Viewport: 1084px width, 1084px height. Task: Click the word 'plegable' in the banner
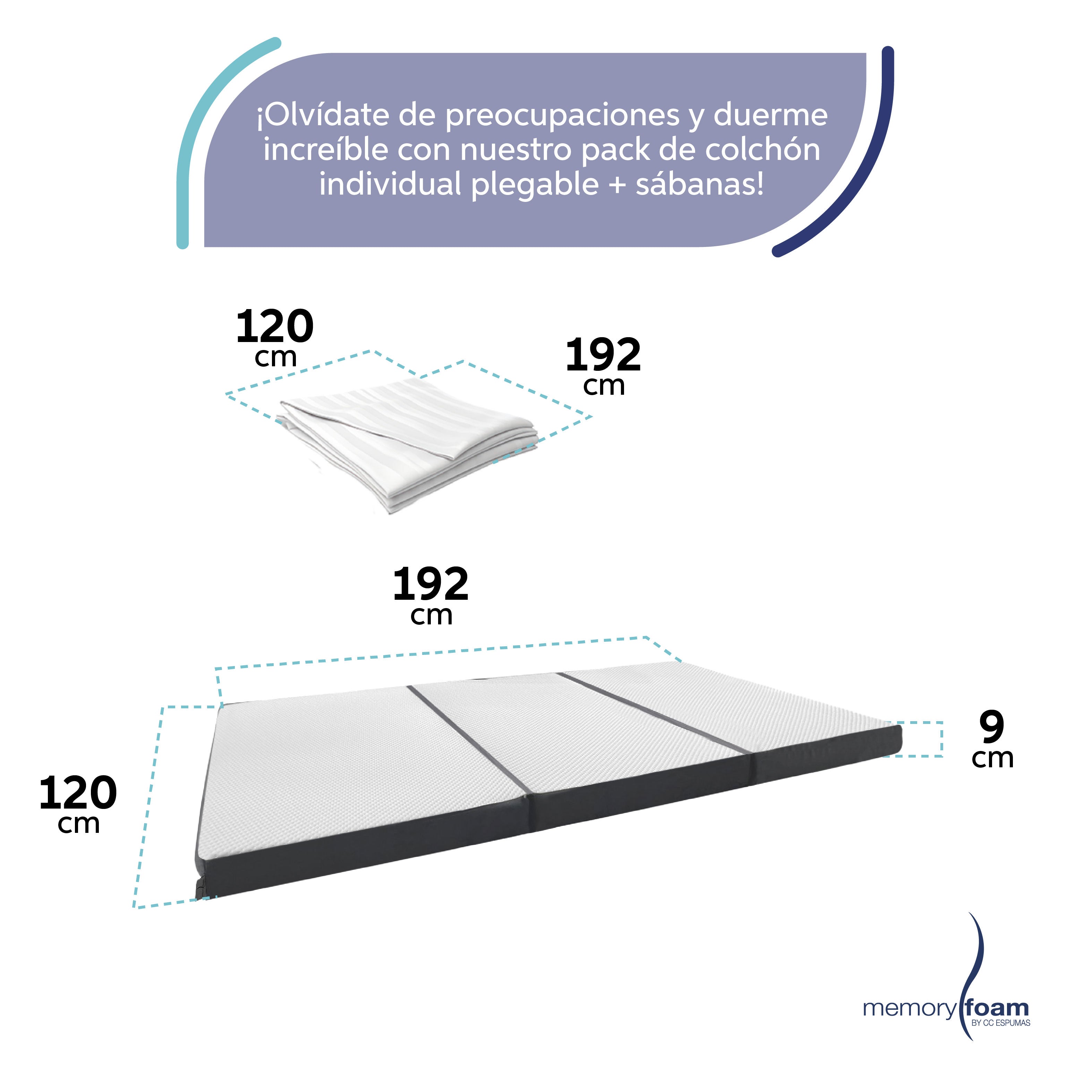click(535, 186)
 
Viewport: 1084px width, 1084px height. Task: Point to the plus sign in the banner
click(617, 185)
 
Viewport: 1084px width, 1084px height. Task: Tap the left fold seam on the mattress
click(469, 738)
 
